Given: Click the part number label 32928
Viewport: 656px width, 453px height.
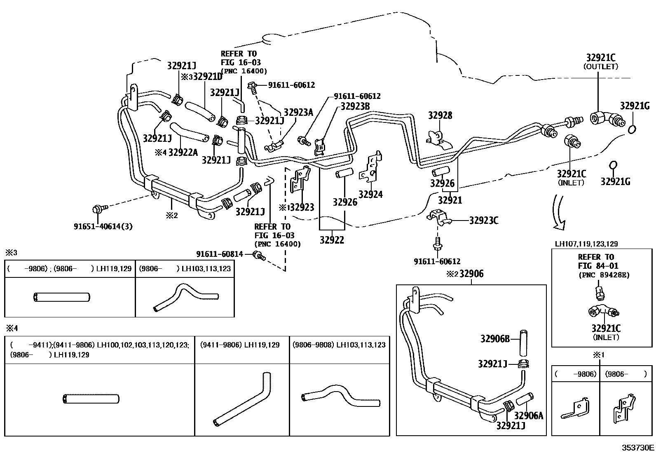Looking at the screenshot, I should point(440,115).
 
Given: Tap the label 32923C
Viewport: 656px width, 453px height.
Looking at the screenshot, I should point(483,221).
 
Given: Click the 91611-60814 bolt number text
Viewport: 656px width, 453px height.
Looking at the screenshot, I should point(219,254).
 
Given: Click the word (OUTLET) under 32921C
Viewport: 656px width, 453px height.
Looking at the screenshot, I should point(600,66).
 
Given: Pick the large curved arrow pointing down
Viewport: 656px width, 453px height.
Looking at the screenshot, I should point(560,212).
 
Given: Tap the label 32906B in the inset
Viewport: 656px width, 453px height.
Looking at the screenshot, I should point(495,339).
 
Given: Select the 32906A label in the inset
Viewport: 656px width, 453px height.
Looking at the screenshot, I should point(529,415).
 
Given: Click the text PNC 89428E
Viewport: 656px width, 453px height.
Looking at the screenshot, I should point(604,275).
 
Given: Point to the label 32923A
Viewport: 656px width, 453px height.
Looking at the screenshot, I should point(298,113).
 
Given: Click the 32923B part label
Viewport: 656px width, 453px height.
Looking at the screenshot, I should point(355,106).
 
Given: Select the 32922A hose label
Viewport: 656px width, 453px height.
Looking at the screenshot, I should point(183,153).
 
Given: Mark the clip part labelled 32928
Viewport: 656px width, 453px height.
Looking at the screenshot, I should point(438,138).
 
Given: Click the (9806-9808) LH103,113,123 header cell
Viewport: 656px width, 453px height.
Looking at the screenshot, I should point(339,345).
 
